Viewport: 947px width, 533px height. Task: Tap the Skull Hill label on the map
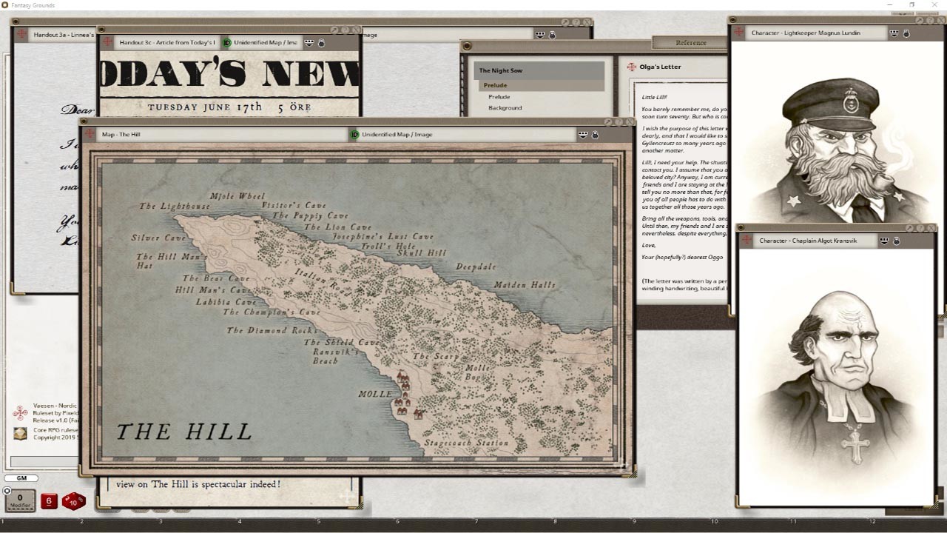point(422,253)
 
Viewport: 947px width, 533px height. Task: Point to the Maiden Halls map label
point(525,285)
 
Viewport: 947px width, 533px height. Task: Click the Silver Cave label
point(158,238)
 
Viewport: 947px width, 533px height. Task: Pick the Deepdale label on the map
point(476,266)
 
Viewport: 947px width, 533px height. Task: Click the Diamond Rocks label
point(272,330)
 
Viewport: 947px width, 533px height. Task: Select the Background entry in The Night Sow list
point(505,108)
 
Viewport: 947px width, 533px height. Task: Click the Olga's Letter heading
point(660,67)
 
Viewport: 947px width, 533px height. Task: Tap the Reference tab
point(691,43)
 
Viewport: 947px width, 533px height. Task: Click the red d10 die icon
point(73,502)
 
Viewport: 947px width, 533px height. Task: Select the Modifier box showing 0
point(20,501)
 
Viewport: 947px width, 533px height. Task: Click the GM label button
point(21,479)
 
